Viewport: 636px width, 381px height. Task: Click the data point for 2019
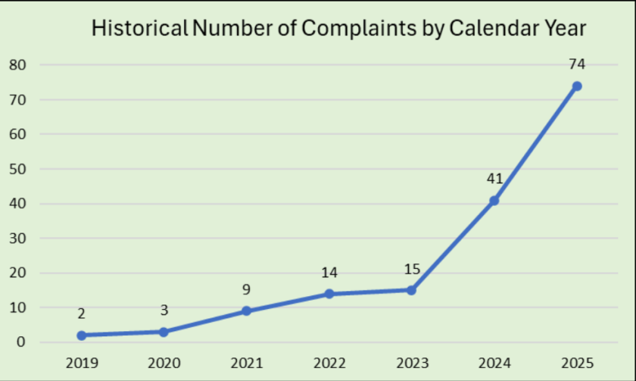(x=81, y=335)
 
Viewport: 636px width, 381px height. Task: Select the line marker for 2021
(x=246, y=311)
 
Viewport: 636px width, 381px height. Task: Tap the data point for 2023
(x=411, y=290)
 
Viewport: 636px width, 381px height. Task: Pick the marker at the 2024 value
(x=494, y=201)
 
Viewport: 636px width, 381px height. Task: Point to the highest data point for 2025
(x=576, y=86)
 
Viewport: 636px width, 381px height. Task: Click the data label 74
(x=577, y=64)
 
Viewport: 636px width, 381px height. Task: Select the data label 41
(x=494, y=179)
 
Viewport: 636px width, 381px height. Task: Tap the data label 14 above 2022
(x=329, y=272)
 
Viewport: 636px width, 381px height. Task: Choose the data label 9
(x=246, y=289)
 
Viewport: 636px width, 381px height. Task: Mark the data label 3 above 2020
(x=164, y=310)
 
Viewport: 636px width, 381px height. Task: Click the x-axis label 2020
(x=164, y=362)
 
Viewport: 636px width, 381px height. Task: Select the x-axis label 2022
(x=329, y=362)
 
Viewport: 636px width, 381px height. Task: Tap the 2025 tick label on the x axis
(x=577, y=362)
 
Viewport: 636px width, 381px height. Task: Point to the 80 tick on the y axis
(x=17, y=65)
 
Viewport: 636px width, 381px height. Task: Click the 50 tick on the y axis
(x=17, y=169)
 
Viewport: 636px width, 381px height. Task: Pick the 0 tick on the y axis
(x=21, y=342)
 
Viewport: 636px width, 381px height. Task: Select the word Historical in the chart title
(x=139, y=29)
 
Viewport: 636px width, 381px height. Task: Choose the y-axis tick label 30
(x=17, y=239)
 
